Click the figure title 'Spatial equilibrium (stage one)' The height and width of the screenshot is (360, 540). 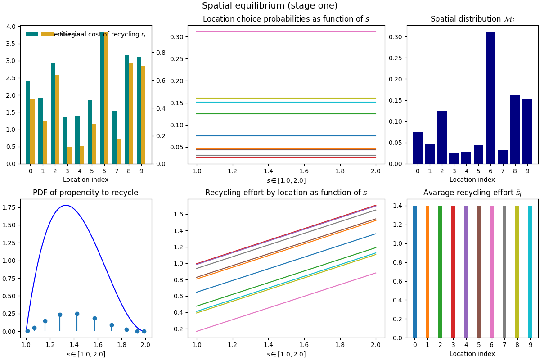pos(270,6)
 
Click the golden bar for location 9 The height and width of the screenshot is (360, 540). pos(143,115)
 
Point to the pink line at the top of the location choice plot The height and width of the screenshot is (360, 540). pos(286,31)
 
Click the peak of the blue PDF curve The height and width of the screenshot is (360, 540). pos(66,205)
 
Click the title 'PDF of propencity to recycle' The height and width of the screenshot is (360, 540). pos(85,193)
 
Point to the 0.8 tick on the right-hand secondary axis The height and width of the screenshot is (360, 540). pos(161,53)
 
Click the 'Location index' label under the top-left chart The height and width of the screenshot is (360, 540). pos(85,180)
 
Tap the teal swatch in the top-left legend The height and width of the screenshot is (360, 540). pos(32,35)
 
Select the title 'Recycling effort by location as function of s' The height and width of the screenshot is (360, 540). pos(286,193)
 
